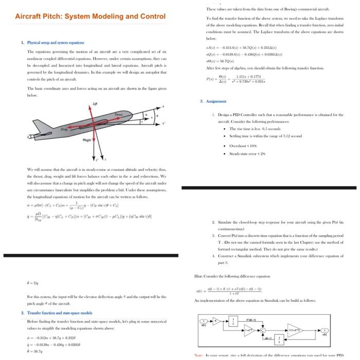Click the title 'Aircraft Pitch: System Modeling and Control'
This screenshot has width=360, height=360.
90,16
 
